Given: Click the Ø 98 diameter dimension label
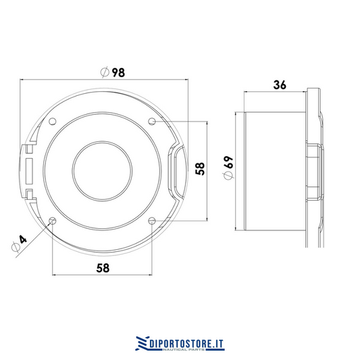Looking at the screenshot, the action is [113, 72].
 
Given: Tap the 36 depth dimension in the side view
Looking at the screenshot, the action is [280, 84].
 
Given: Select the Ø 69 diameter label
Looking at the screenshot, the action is [228, 168].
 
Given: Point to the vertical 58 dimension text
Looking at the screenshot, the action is [200, 169].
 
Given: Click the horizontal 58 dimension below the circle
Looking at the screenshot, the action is [103, 268].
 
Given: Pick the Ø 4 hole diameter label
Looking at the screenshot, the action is [20, 243].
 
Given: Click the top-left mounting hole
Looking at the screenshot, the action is [53, 121].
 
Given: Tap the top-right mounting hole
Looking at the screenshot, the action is [152, 121].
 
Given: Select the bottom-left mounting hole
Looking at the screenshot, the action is [53, 221].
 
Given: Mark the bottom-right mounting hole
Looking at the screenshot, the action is [152, 221].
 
